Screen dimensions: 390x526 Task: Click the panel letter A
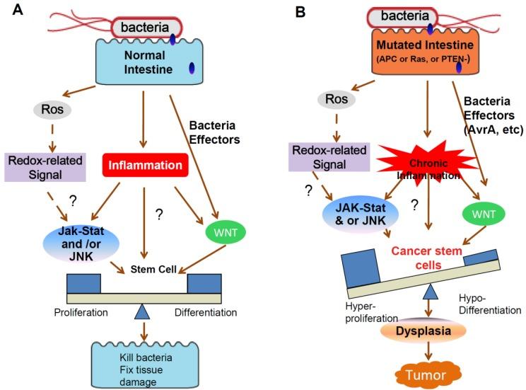pos(11,11)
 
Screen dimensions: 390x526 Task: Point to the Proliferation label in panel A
pos(79,312)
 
